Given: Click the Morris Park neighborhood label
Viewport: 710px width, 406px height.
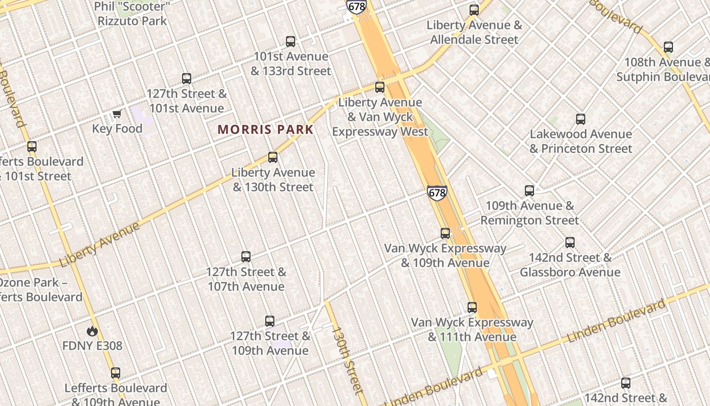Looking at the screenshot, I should tap(266, 129).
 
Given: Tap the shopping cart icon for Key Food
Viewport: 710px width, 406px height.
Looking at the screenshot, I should tap(117, 114).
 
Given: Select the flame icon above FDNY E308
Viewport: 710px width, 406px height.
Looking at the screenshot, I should tap(92, 331).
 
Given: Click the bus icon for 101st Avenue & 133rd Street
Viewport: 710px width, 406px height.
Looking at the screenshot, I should tap(291, 42).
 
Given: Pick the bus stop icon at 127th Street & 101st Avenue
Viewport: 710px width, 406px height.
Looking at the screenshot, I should tap(187, 79).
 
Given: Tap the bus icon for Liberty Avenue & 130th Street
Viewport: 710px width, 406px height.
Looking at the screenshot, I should tap(273, 157).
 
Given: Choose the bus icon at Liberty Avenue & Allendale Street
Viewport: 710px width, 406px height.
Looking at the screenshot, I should tap(474, 10).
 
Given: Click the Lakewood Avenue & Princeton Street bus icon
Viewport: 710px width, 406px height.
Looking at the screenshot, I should tap(581, 119).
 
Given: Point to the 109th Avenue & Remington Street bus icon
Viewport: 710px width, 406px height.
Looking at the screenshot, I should tap(529, 191).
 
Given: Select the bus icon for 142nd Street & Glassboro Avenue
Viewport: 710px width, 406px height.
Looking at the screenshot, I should tap(570, 243).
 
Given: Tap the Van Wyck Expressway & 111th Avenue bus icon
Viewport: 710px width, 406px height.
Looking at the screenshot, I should tap(472, 308).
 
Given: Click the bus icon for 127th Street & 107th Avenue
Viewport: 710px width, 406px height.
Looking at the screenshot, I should tap(246, 257).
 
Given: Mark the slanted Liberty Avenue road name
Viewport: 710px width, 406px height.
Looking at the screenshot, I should tap(99, 245).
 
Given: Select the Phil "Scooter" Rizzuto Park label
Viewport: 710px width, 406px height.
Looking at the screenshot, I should tap(132, 14).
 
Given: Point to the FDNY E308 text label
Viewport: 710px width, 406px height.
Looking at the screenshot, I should tap(92, 346).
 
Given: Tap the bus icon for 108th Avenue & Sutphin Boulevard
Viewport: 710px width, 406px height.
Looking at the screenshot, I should tap(668, 47).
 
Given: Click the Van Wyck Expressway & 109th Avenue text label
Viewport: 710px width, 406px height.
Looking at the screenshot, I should tap(445, 255).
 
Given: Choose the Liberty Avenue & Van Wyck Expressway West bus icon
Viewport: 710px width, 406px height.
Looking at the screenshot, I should tap(380, 87).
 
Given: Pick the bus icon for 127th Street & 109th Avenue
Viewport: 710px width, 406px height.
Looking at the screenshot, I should tap(270, 321).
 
